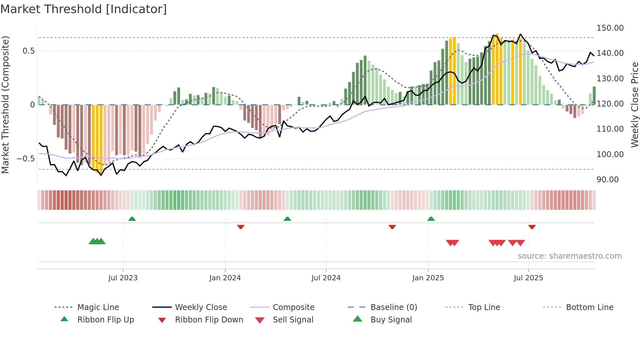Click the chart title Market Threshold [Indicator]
click(x=84, y=9)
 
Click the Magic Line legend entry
click(x=98, y=307)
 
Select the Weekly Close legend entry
click(x=201, y=307)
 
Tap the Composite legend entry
click(x=293, y=307)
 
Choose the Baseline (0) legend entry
click(x=393, y=307)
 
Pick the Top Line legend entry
click(x=484, y=307)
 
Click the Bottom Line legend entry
click(x=589, y=307)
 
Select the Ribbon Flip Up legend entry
click(x=105, y=320)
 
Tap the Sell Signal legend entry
click(x=293, y=320)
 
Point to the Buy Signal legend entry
click(x=391, y=320)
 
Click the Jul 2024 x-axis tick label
click(x=326, y=278)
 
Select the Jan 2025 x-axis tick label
click(x=428, y=278)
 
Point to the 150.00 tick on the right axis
click(x=610, y=28)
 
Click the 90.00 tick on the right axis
click(x=607, y=180)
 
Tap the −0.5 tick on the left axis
click(x=25, y=159)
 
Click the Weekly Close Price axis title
click(x=634, y=105)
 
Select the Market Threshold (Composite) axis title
click(x=6, y=105)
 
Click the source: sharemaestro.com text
click(x=569, y=256)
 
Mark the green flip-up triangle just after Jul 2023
click(x=132, y=219)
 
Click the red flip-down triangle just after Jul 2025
click(x=532, y=227)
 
